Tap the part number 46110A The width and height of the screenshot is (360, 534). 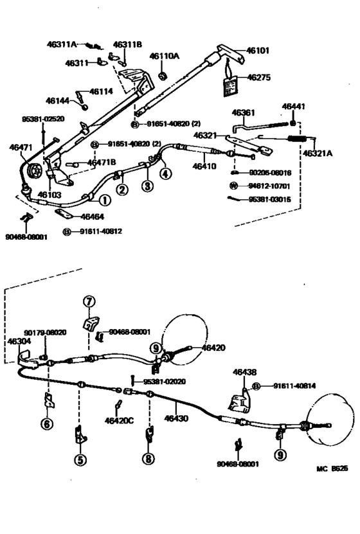point(165,57)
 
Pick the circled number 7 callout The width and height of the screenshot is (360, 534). point(89,301)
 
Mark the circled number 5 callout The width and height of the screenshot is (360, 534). point(80,459)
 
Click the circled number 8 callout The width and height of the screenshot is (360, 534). point(148,459)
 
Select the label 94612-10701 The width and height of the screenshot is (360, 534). point(264,186)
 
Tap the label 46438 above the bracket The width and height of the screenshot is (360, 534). point(244,372)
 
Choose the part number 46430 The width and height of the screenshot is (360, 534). point(175,418)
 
